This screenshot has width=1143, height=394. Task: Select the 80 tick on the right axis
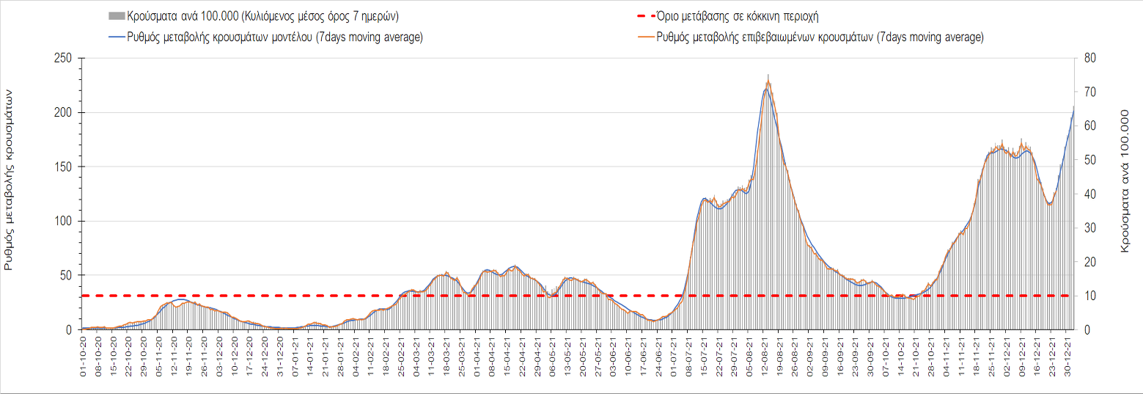tap(1089, 59)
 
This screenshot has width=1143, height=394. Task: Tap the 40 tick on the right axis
tap(1089, 194)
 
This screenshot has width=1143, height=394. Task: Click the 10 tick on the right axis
tap(1089, 296)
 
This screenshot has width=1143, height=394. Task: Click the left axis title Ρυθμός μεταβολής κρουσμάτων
tap(10, 180)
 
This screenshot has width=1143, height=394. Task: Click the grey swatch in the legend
tap(116, 15)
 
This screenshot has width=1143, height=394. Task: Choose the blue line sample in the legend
tap(116, 37)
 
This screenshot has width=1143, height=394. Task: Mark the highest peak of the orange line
tap(768, 75)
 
